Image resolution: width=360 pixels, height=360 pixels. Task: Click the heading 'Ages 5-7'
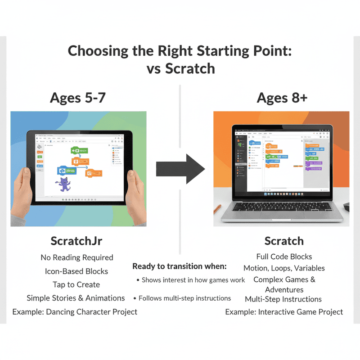[78, 98]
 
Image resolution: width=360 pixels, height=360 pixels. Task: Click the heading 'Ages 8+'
[282, 98]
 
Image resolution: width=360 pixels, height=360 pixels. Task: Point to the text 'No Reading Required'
[77, 258]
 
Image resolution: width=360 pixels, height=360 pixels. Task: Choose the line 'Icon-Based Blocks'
[76, 271]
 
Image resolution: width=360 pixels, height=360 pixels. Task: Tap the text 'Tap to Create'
[76, 285]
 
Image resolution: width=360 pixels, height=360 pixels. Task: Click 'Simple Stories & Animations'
[76, 298]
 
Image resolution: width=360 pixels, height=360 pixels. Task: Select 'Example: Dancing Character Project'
[75, 312]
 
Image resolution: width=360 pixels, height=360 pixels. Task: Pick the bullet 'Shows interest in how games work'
[193, 280]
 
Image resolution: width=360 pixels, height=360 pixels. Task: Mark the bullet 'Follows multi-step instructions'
[184, 298]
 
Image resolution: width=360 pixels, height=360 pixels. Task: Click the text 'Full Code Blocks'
[284, 256]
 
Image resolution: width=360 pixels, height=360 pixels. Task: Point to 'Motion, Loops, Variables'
[284, 268]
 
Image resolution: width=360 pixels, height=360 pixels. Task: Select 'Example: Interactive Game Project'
[284, 312]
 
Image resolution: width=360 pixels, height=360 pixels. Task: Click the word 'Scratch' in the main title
[190, 69]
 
